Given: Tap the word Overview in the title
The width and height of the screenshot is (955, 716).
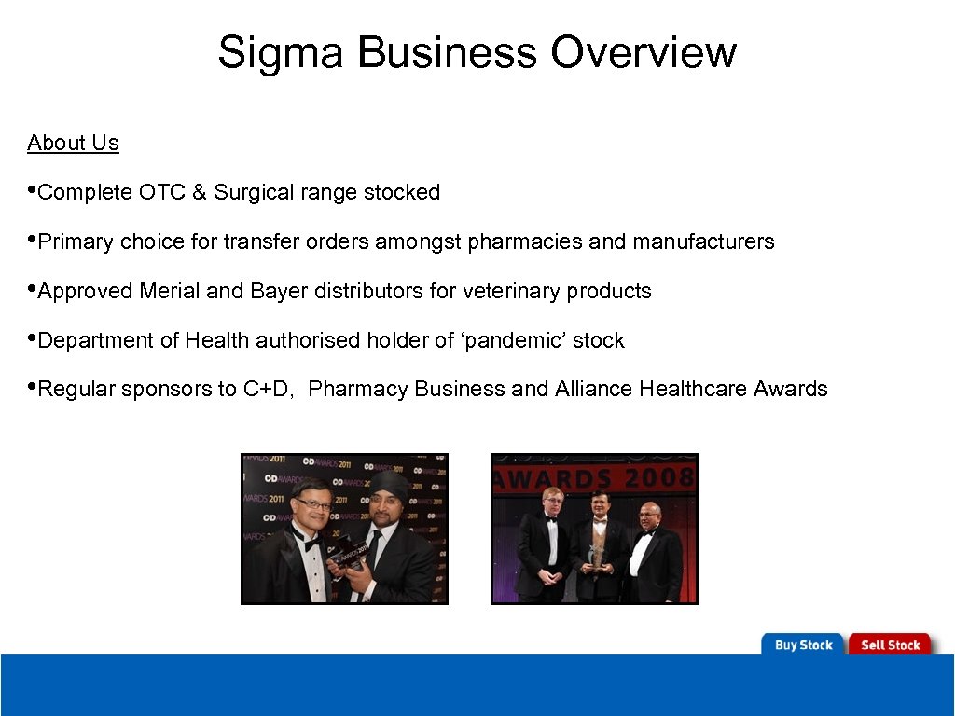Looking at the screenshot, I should (643, 52).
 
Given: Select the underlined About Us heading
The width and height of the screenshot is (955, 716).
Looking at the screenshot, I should (73, 143).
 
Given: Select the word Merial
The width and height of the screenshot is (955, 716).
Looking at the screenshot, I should (170, 291).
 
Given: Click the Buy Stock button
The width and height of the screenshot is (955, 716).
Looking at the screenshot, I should (803, 645).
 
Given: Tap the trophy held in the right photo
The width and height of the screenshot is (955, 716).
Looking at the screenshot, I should (596, 554).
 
